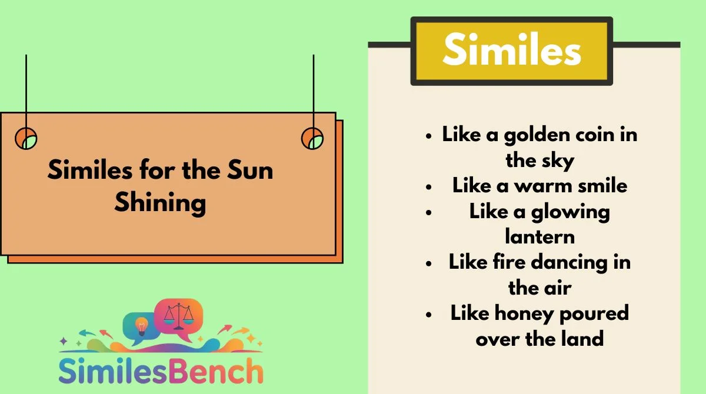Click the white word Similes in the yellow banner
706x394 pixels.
512,49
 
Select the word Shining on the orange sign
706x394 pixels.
161,203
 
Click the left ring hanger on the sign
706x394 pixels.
26,138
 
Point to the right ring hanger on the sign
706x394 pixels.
312,138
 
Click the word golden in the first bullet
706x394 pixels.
537,135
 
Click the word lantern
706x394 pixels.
540,236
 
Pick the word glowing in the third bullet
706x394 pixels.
571,212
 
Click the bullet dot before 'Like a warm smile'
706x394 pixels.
428,187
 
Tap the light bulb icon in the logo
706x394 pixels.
141,326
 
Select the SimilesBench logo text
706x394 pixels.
161,371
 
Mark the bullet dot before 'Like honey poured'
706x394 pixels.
428,315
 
